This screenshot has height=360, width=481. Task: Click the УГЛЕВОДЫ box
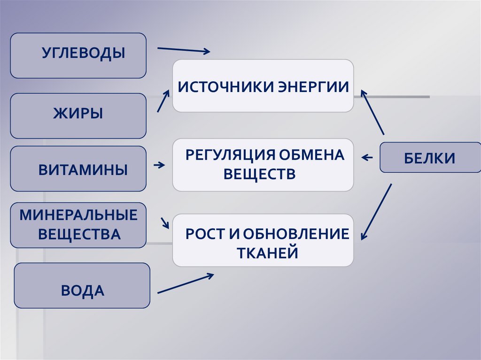click(x=78, y=55)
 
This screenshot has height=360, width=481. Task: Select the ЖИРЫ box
click(x=78, y=115)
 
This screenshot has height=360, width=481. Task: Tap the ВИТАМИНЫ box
click(x=78, y=169)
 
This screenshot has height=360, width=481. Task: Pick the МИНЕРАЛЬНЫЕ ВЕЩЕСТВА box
click(x=78, y=225)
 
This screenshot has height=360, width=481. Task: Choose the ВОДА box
click(x=82, y=285)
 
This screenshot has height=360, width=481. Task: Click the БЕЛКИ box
click(x=430, y=157)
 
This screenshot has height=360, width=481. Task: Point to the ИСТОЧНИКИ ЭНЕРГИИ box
click(x=263, y=86)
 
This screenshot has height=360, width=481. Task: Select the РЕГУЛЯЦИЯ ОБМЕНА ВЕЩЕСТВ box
click(x=263, y=165)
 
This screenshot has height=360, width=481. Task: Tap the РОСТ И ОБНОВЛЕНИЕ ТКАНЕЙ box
click(x=263, y=240)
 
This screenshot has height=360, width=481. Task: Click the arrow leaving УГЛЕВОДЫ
click(x=183, y=50)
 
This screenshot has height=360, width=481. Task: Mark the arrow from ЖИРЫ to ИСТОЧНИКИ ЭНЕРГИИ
click(x=163, y=100)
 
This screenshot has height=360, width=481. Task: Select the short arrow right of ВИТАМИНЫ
click(x=159, y=165)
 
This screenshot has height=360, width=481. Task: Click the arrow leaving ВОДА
click(x=185, y=284)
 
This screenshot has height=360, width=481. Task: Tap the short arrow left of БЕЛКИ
click(x=367, y=158)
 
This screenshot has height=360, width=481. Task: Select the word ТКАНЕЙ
click(x=268, y=253)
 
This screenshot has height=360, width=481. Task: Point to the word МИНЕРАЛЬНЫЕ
click(x=78, y=215)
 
